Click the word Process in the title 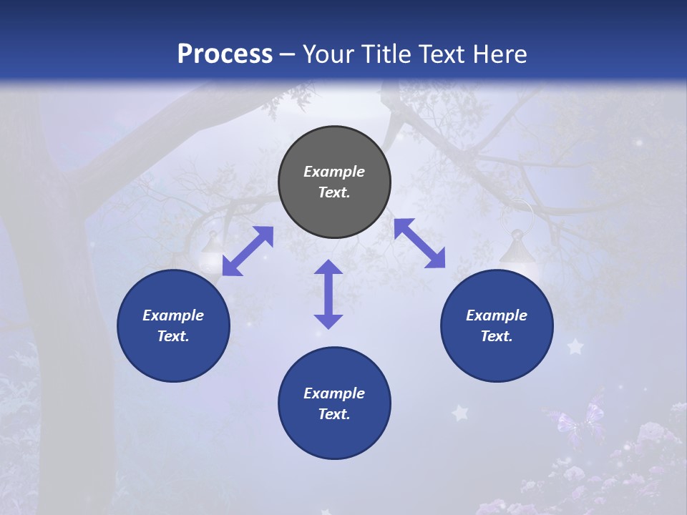(225, 54)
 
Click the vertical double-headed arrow (328, 294)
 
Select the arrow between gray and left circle (248, 250)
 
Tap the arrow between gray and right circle (419, 243)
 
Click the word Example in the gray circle (334, 172)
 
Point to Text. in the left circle (173, 336)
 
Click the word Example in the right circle (497, 315)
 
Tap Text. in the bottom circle (334, 414)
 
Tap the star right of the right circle (575, 347)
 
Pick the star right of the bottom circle (459, 413)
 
